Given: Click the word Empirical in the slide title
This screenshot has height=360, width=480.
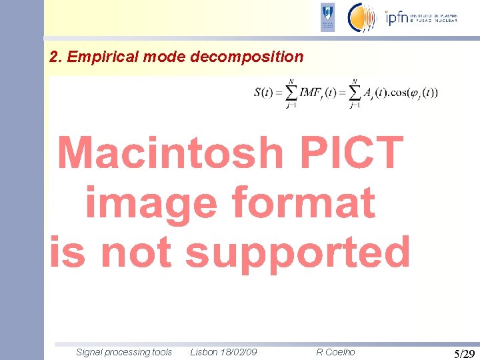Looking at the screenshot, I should click(98, 57).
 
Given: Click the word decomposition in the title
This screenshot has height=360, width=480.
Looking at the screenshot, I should click(247, 57).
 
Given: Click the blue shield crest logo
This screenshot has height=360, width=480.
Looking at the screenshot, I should click(327, 17).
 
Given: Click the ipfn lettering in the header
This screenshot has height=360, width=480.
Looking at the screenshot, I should click(398, 18).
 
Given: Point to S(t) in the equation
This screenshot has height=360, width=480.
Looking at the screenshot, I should click(263, 93).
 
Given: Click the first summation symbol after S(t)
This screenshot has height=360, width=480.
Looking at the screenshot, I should click(291, 92).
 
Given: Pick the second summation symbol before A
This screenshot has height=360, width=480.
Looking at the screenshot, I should click(354, 92).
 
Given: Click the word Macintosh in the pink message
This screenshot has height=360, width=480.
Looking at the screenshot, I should click(170, 153).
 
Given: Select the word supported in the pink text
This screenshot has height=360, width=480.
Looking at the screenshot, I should click(298, 253).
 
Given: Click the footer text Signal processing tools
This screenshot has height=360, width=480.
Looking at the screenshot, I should click(124, 352).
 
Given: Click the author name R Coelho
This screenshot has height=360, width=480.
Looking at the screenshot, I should click(335, 352).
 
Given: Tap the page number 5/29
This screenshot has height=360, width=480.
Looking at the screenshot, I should click(464, 353).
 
